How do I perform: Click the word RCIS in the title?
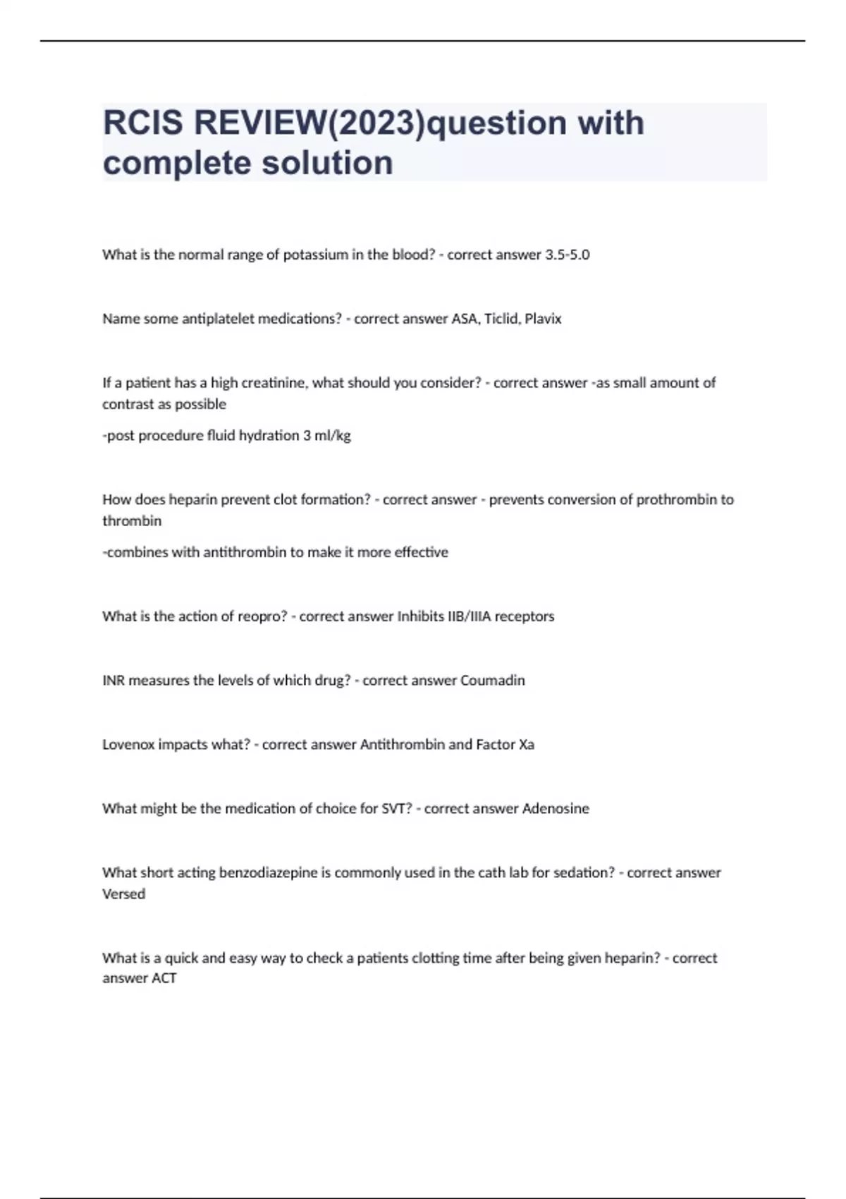point(143,123)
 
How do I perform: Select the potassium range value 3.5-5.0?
point(567,255)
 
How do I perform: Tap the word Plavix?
point(543,319)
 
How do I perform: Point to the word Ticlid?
point(501,319)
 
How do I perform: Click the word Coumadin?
point(492,681)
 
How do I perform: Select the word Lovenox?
point(128,745)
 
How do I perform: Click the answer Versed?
point(124,894)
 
